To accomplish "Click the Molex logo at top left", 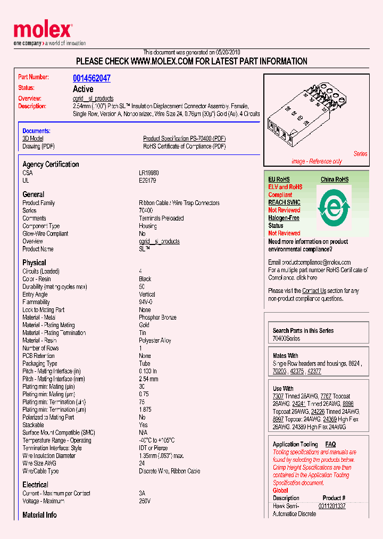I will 43,31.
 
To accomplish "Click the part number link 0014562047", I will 91,78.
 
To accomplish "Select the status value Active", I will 83,89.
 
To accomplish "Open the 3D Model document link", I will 32,138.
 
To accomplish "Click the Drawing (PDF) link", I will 38,146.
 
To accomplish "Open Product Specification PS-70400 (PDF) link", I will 184,138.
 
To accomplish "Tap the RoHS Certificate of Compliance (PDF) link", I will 184,146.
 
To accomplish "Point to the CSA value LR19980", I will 149,173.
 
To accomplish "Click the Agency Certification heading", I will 51,165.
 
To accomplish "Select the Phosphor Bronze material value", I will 157,317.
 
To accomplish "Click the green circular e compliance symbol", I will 334,208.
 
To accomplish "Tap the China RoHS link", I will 334,179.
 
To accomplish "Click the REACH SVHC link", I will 284,202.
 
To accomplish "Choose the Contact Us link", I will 314,291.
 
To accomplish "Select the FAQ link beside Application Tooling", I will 330,444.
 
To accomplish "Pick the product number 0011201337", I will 332,506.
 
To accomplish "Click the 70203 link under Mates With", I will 279,371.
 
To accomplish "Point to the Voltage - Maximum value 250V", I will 145,501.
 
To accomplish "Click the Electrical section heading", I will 35,485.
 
